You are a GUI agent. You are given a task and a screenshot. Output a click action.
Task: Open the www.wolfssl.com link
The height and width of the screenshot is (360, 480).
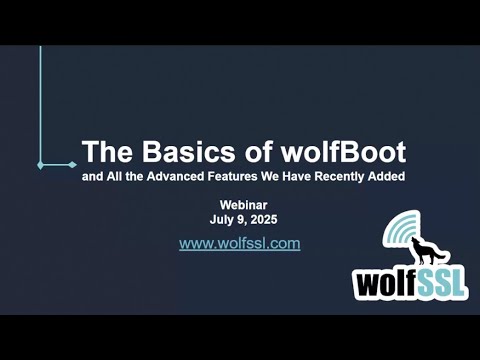pyautogui.click(x=240, y=243)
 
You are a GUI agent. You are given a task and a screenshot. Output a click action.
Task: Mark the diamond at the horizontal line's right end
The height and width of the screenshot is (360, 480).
pyautogui.click(x=74, y=164)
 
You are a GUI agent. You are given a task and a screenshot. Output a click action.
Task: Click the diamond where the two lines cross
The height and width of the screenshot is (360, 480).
pyautogui.click(x=40, y=164)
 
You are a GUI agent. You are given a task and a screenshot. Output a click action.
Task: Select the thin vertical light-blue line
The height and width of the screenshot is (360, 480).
pyautogui.click(x=40, y=100)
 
